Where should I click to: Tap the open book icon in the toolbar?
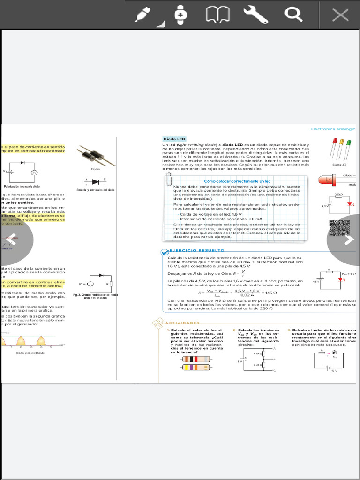[x=217, y=15]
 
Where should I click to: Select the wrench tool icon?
[x=255, y=15]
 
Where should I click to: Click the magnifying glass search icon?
[x=293, y=15]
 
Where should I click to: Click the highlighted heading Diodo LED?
[x=174, y=139]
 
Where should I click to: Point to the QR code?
[x=339, y=229]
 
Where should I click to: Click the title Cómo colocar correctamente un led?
[x=237, y=181]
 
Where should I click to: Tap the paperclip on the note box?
[x=170, y=180]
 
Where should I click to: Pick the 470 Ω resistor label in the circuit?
[x=257, y=353]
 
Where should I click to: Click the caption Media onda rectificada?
[x=30, y=352]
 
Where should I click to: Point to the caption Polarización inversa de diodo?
[x=22, y=186]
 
